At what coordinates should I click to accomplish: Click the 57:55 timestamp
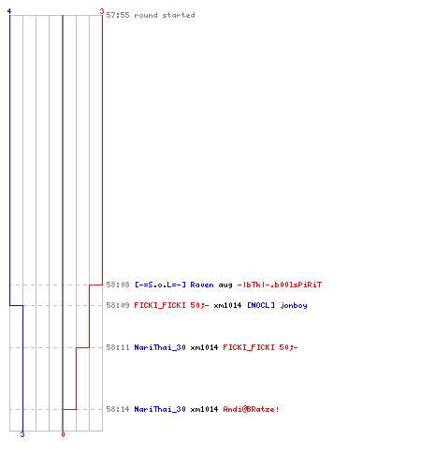pos(118,15)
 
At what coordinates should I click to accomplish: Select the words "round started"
pos(165,15)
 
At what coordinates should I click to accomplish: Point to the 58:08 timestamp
pos(118,285)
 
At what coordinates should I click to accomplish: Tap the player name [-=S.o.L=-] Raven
pos(174,285)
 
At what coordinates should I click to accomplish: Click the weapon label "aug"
pos(225,285)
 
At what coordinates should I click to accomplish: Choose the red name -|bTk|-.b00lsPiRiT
pos(280,285)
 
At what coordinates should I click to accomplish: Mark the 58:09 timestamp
pos(118,305)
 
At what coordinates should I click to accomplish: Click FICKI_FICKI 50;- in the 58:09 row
pos(171,305)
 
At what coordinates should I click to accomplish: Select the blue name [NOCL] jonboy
pos(277,305)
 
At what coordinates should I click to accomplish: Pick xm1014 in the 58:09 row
pos(227,305)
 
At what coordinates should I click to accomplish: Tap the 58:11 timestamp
pos(118,347)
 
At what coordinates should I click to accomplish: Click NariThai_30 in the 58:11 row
pos(160,347)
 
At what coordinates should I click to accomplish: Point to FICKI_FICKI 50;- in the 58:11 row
pos(260,347)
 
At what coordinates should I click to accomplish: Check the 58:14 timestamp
pos(118,409)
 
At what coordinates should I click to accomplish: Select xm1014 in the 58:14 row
pos(204,409)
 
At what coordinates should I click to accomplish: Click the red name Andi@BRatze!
pos(251,409)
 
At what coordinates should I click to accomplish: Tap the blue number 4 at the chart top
pos(9,11)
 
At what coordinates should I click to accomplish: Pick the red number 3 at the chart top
pos(102,11)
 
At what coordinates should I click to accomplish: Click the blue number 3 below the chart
pos(22,434)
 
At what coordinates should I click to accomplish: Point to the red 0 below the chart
pos(63,434)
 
